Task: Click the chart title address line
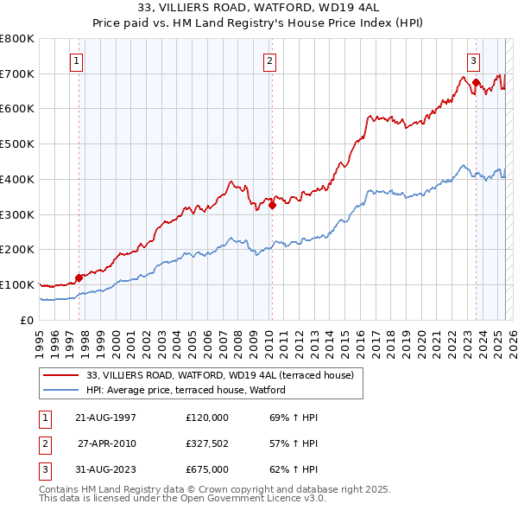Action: pos(260,8)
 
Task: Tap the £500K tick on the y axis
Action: pos(16,144)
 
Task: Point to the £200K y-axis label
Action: pos(16,250)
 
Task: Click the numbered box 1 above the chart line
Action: pos(77,61)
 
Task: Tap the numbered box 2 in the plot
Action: pos(270,61)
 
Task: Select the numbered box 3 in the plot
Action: pos(474,61)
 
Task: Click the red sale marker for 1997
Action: pos(79,277)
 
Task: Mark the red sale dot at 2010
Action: pos(272,205)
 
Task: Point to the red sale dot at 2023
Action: pos(476,82)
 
